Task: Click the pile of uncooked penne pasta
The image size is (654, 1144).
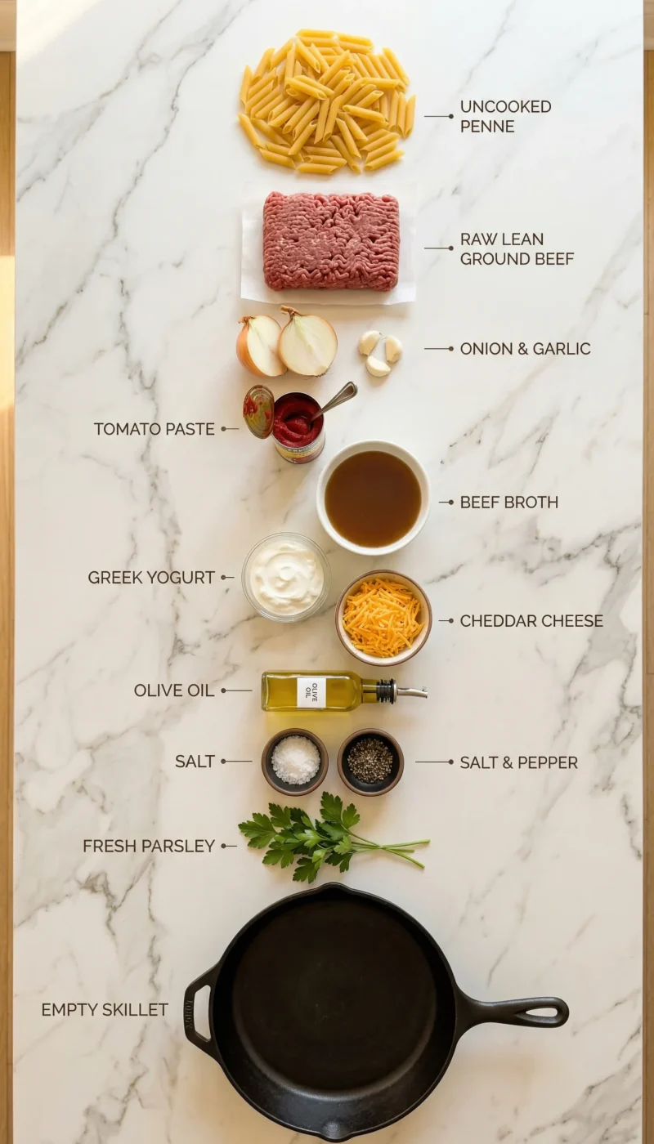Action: (326, 102)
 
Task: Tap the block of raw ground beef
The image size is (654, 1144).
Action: (331, 241)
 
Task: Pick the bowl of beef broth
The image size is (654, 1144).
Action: (373, 498)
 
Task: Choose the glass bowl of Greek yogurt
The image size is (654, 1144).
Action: (285, 577)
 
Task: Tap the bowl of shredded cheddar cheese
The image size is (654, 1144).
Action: (383, 617)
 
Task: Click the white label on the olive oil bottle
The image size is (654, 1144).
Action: (311, 692)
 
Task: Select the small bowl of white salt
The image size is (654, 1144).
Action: (295, 761)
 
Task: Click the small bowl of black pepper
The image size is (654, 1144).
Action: (370, 761)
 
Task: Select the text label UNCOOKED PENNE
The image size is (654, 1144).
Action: (505, 116)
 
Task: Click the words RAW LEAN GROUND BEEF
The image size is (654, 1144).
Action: (517, 249)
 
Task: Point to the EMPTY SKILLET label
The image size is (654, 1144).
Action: (105, 1010)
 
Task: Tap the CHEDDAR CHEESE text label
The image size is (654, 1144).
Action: (531, 621)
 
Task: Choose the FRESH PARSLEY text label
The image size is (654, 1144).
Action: (149, 847)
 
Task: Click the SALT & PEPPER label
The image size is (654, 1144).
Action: (518, 762)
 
